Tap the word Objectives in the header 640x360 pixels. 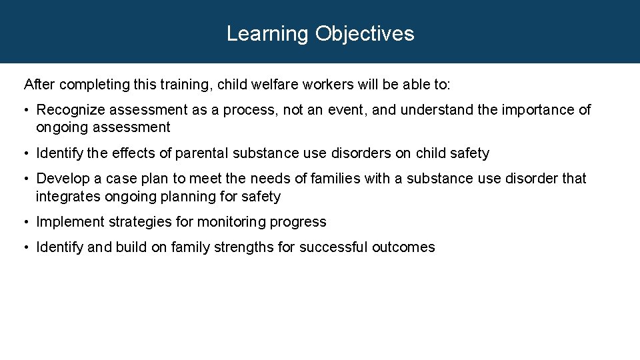click(365, 34)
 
